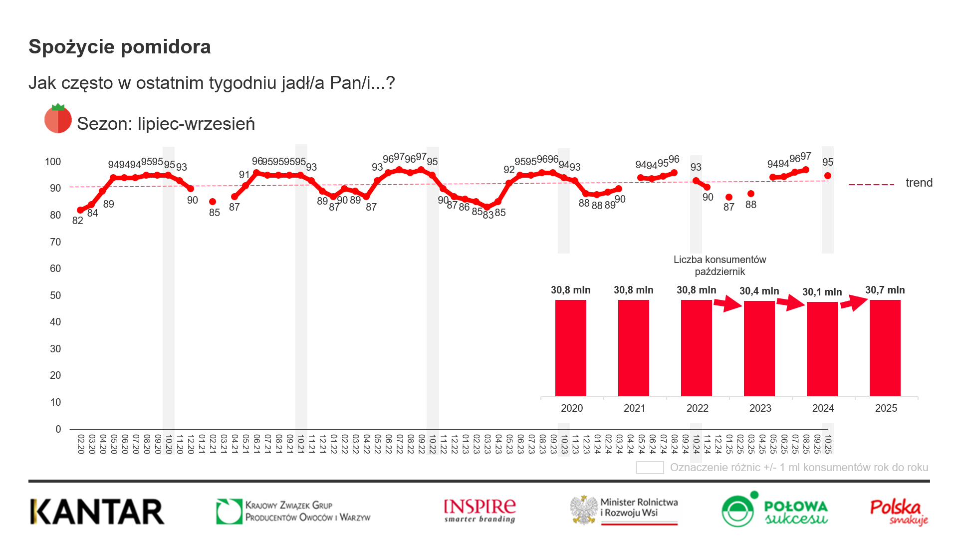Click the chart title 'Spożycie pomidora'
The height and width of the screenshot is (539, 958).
pos(120,47)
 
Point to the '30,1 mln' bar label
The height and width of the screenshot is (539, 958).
pos(822,292)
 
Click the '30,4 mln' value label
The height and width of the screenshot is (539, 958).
pos(759,291)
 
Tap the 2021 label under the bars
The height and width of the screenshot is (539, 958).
pos(634,408)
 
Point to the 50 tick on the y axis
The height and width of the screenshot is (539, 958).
pos(55,295)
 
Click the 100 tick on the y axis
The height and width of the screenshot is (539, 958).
pos(53,162)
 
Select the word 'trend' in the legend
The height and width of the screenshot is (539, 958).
pos(919,183)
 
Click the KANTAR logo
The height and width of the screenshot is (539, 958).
pos(97,512)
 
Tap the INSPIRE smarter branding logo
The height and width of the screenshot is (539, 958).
pos(479,511)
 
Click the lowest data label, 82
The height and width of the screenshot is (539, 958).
pos(78,221)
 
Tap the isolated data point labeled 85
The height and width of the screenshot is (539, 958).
pos(213,202)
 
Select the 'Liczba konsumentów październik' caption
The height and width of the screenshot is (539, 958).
pos(719,266)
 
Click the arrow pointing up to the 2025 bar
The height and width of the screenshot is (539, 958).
pos(854,302)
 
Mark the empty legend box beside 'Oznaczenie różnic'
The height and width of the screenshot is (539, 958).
pos(650,468)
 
